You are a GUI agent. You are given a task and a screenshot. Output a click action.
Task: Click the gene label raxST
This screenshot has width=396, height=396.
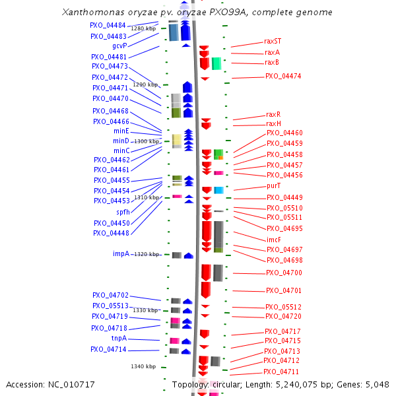click(273, 41)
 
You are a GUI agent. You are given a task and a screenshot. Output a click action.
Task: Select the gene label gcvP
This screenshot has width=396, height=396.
click(119, 46)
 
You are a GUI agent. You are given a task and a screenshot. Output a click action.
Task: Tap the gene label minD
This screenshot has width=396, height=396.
click(121, 141)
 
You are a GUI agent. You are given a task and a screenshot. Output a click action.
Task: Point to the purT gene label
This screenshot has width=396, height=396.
click(273, 186)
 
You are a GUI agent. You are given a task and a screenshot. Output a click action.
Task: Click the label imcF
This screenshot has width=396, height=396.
click(274, 240)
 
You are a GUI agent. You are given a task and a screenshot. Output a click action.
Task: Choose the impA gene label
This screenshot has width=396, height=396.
click(121, 254)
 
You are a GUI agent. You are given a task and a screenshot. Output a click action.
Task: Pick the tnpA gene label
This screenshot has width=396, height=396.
click(119, 338)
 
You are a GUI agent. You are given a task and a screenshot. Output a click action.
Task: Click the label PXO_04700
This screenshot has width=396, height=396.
click(284, 273)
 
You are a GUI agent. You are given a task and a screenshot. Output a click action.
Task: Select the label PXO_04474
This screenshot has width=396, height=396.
click(283, 77)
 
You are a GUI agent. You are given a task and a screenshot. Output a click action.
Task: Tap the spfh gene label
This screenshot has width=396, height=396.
click(123, 212)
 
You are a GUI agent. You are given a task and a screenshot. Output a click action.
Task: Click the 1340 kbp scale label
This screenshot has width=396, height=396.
click(143, 366)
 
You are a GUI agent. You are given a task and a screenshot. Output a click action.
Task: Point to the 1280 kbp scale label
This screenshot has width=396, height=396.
click(143, 28)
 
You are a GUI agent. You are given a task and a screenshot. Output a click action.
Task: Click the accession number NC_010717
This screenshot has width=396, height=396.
click(71, 385)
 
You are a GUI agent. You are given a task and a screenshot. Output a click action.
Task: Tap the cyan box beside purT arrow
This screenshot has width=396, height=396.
click(218, 190)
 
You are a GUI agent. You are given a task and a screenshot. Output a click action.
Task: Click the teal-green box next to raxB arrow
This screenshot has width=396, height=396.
click(216, 63)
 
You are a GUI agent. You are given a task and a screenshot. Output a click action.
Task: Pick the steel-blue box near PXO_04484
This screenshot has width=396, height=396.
click(174, 32)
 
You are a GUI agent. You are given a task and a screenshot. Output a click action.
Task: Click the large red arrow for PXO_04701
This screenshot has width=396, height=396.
click(206, 290)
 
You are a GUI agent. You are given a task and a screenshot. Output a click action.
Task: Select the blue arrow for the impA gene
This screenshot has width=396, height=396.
click(189, 255)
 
